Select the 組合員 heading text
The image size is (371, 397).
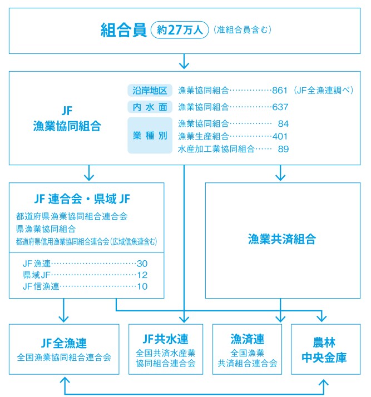[x=123, y=29]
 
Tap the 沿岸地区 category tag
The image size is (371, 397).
[x=150, y=90]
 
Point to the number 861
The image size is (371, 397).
[x=280, y=90]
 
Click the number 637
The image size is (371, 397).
[x=280, y=107]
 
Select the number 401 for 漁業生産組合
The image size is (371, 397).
[x=280, y=136]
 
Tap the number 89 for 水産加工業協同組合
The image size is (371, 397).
[x=283, y=148]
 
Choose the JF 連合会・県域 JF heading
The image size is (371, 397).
[x=82, y=198]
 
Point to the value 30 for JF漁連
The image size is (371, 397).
[x=142, y=263]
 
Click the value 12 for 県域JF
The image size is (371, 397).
[x=142, y=275]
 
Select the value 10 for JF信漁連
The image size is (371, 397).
[x=142, y=286]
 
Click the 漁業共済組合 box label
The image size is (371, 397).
[x=282, y=240]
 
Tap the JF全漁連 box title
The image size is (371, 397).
[x=64, y=343]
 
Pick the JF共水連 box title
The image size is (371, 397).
[x=165, y=339]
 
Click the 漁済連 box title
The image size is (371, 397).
[x=247, y=339]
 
